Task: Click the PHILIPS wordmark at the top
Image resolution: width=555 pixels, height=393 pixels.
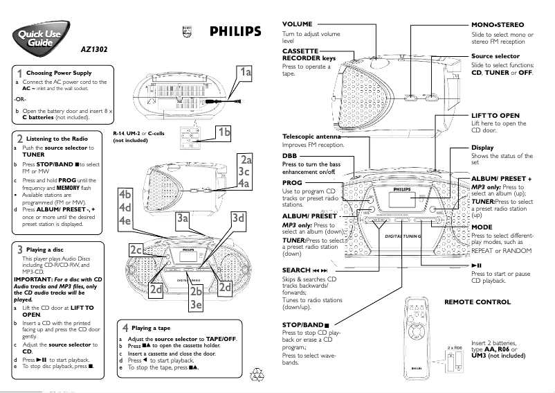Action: coord(235,30)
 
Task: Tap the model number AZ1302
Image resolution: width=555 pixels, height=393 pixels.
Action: coord(95,49)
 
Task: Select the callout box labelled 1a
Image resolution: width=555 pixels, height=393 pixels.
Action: coord(245,71)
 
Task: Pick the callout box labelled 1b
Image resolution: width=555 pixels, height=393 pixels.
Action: coord(224,132)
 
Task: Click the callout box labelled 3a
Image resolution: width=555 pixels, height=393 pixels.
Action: coord(183,219)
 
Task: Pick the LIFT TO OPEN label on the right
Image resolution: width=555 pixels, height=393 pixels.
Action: coord(495,115)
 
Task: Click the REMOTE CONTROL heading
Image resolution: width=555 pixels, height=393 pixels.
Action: coord(477,302)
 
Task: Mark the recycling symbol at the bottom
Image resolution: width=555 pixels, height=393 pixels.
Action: coord(258,375)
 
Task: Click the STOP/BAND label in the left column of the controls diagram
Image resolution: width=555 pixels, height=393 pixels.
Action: coord(305,324)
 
